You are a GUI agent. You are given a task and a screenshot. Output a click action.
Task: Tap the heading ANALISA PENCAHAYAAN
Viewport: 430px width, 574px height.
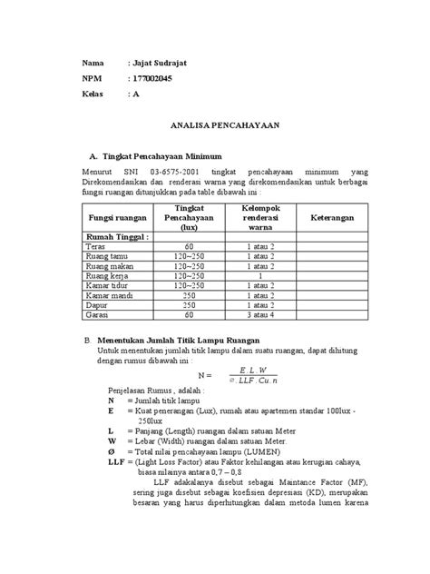click(215, 128)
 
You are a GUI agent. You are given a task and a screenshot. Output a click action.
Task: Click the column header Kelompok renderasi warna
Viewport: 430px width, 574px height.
click(260, 219)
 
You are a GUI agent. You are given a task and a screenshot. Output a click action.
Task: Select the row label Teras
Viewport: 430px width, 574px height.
click(94, 247)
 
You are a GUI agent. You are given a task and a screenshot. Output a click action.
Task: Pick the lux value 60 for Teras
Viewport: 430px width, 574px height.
click(189, 247)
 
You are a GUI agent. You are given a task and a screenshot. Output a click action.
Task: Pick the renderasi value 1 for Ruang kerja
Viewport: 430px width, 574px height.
click(260, 276)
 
